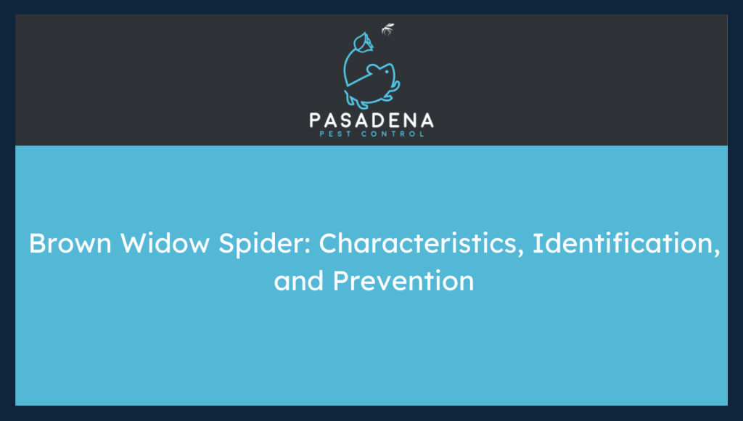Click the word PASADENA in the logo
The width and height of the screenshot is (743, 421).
point(371,120)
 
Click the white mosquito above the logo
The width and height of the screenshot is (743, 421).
point(388,30)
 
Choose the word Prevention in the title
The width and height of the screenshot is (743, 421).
point(403,280)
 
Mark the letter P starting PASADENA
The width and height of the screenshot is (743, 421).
point(316,120)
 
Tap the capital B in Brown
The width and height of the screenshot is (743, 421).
point(37,244)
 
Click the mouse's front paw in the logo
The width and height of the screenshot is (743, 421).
point(390,94)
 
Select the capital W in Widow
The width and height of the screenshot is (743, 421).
point(134,244)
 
